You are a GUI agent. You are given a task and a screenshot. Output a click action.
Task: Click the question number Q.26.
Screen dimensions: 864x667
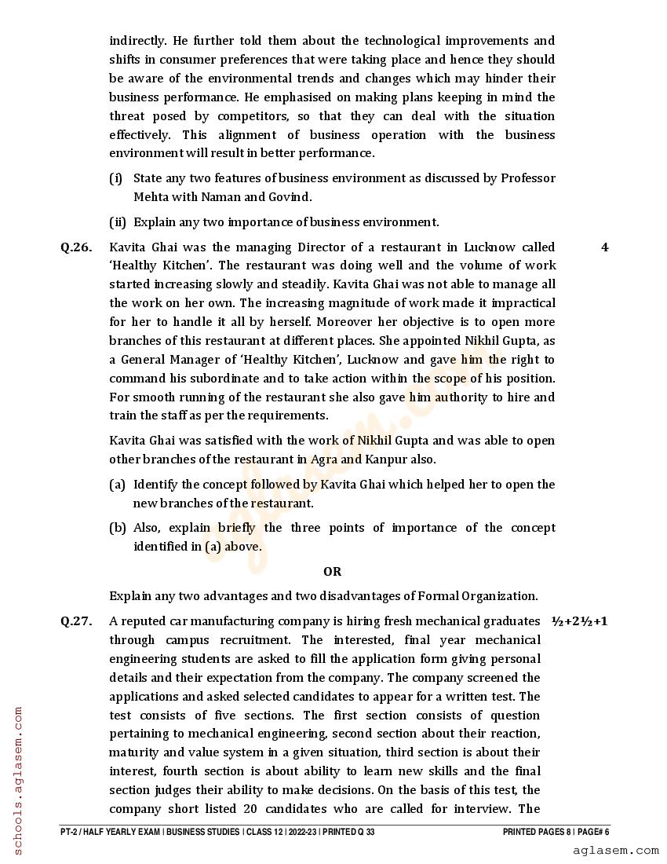[x=76, y=247]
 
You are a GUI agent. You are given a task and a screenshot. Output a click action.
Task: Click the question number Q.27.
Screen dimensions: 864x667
[x=76, y=621]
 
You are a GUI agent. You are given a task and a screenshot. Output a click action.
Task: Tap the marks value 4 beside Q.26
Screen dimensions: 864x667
[x=604, y=247]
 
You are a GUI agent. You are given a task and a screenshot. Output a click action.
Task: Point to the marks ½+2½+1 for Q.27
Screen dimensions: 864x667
[x=580, y=621]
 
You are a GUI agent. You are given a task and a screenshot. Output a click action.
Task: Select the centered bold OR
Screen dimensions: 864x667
[x=332, y=571]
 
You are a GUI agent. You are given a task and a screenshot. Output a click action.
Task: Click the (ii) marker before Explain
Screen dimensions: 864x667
[x=118, y=222]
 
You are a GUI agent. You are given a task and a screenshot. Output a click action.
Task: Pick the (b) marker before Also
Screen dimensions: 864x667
[x=118, y=528]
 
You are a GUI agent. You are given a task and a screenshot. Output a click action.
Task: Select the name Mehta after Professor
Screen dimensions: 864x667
[x=151, y=197]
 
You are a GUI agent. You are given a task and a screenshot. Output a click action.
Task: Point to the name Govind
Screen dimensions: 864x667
[x=288, y=197]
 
